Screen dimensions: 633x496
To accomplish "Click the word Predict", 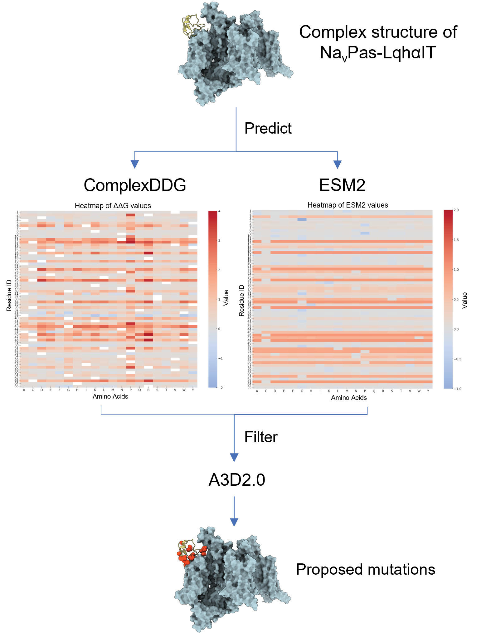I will coord(268,128).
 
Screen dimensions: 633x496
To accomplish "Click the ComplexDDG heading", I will coord(135,185).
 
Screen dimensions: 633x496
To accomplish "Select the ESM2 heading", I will coord(342,185).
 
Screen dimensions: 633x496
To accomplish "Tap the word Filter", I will coord(261,437).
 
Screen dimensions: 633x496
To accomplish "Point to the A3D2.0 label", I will coord(237,480).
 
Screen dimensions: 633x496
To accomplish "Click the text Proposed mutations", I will coord(365,569).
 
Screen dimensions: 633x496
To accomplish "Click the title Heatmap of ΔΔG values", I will coord(113,206).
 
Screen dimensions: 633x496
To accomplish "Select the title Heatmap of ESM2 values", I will coord(348,205).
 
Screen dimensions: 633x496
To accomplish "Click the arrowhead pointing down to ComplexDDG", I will coord(135,164).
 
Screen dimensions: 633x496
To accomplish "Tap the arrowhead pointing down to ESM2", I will coord(338,164).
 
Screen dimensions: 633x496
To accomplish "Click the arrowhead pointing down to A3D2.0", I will coord(234,457).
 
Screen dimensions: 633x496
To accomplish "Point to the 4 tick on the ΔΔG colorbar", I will coord(219,211).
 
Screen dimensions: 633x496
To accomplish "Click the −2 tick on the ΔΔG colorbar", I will coord(220,388).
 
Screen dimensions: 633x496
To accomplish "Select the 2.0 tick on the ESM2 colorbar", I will coord(456,210).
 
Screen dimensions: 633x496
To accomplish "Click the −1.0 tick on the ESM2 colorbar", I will coord(457,389).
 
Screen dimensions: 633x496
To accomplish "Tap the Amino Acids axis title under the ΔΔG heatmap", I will coord(110,396).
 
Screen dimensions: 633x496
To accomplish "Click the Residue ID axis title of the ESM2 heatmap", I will coord(241,300).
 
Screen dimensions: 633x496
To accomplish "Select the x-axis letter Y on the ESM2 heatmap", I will coord(428,391).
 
